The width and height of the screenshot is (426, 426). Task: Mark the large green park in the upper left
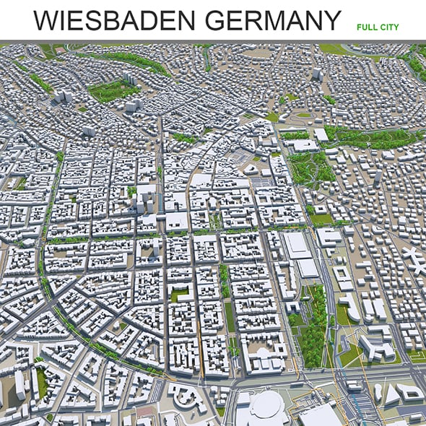click(112, 90)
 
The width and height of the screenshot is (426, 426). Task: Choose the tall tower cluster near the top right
click(317, 74)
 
